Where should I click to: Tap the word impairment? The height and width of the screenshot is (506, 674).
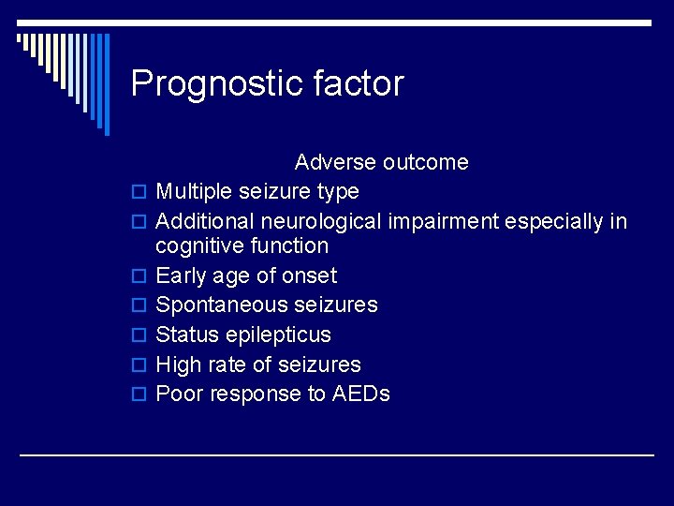tap(441, 222)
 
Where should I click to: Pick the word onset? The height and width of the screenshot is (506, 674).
tap(311, 275)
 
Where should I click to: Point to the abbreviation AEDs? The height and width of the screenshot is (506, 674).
tap(361, 394)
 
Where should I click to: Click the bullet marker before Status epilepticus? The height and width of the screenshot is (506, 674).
tap(139, 335)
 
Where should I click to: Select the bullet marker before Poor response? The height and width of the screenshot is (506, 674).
tap(139, 394)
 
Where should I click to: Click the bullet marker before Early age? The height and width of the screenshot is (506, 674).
tap(139, 276)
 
